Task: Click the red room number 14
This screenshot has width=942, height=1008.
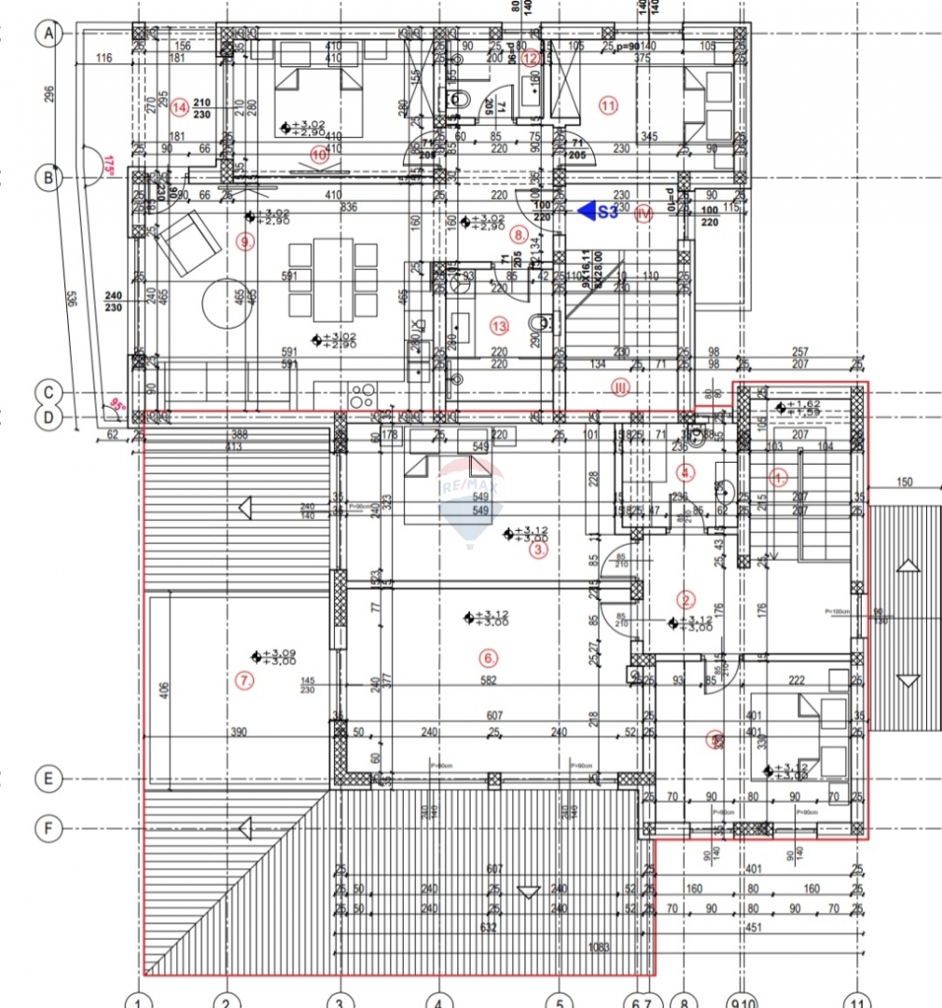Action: (180, 106)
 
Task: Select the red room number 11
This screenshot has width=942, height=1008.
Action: (609, 105)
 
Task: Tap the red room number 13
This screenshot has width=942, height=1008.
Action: (500, 326)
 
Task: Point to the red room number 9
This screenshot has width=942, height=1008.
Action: (245, 243)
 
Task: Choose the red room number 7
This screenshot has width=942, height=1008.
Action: (245, 680)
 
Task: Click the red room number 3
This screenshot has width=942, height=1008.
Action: (538, 551)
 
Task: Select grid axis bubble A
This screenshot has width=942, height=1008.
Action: (47, 35)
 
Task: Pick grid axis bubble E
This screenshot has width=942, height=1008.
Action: (47, 778)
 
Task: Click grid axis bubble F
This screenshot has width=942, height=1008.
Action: (47, 827)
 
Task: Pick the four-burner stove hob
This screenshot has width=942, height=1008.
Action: (362, 391)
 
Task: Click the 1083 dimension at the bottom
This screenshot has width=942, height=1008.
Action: (600, 948)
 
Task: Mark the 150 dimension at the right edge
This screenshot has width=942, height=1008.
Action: (904, 483)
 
